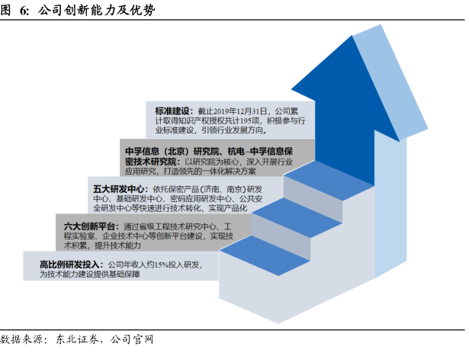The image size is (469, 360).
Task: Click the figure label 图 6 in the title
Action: [x=14, y=11]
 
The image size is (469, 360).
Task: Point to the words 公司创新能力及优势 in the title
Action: [x=85, y=11]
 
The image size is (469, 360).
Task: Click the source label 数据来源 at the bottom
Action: [x=22, y=340]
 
